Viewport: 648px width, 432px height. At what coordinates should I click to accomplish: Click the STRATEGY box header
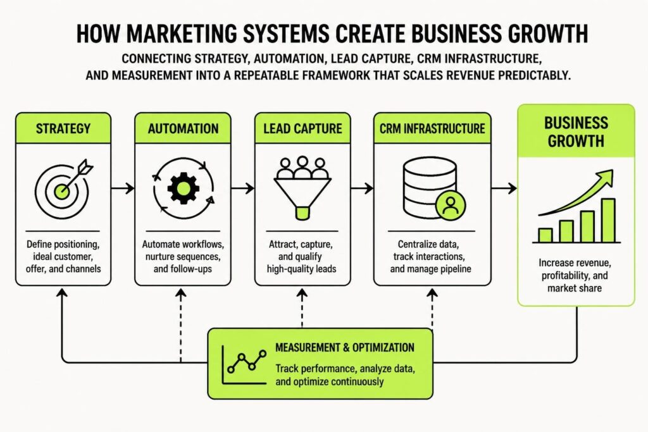coord(63,128)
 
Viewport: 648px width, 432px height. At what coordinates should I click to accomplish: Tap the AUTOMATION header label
coord(183,128)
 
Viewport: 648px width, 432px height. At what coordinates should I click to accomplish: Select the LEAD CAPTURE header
coord(302,128)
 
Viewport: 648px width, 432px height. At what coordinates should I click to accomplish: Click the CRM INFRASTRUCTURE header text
coord(432,128)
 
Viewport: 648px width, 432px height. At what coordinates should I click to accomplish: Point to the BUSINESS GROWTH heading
coord(576,132)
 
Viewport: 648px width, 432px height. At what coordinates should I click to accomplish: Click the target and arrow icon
coord(63,189)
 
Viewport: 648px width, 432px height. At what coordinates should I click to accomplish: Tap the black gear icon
coord(184,188)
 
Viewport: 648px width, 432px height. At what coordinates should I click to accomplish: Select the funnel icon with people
coord(302,188)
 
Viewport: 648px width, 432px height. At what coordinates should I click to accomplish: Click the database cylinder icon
coord(430,187)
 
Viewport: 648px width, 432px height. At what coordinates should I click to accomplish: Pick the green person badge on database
coord(451,206)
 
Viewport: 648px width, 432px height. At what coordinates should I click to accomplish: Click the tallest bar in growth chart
coord(608,221)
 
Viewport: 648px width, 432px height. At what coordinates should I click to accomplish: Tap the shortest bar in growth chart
coord(545,235)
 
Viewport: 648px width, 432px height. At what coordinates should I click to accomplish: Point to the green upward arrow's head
coord(606,176)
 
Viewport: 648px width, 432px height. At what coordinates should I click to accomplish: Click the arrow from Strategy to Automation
coord(123,188)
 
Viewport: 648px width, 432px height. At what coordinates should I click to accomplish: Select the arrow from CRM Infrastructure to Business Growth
coord(504,188)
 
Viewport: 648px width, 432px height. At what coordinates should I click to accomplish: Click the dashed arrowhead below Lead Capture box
coord(302,293)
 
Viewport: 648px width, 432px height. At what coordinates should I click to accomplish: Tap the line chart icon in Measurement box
coord(244,365)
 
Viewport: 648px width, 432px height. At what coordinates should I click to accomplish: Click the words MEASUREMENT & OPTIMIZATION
coord(345,348)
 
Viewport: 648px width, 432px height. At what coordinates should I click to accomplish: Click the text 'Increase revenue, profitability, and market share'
coord(575,276)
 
